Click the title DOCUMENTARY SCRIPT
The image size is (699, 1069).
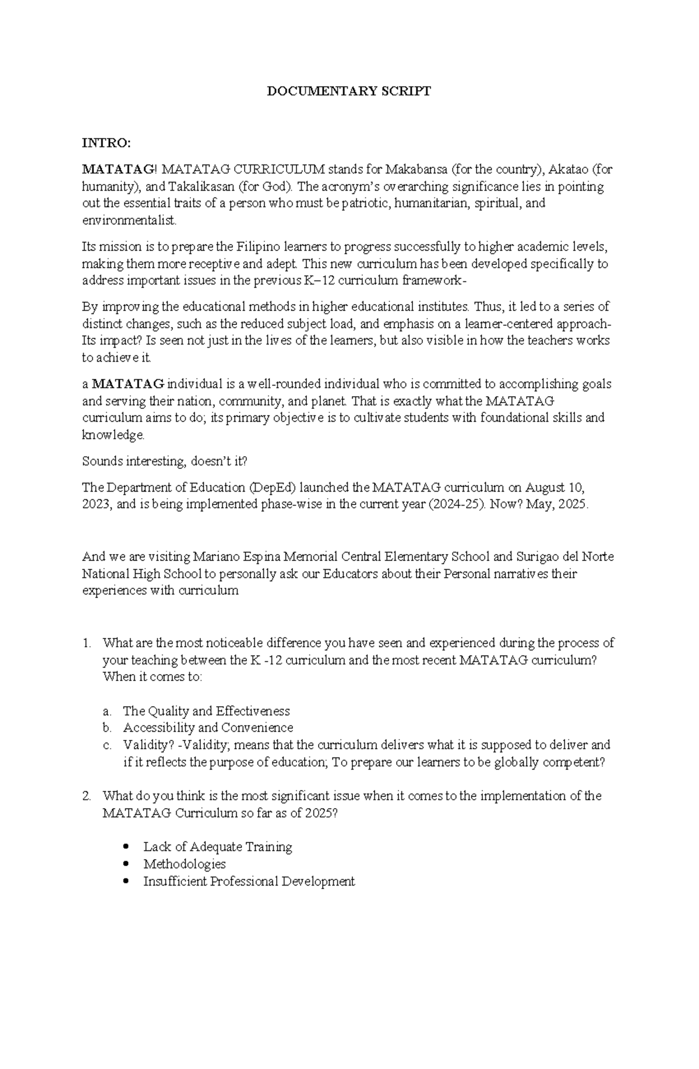(348, 91)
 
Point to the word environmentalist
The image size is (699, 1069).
(128, 221)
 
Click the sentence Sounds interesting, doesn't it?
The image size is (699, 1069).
(165, 461)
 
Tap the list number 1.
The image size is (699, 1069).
(87, 644)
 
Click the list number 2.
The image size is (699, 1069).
(87, 796)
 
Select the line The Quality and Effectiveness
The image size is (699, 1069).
(206, 711)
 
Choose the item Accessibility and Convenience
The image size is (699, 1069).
(208, 728)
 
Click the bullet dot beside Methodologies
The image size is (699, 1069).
(126, 864)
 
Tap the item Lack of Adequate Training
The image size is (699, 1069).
(218, 847)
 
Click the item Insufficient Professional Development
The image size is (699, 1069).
(249, 881)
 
